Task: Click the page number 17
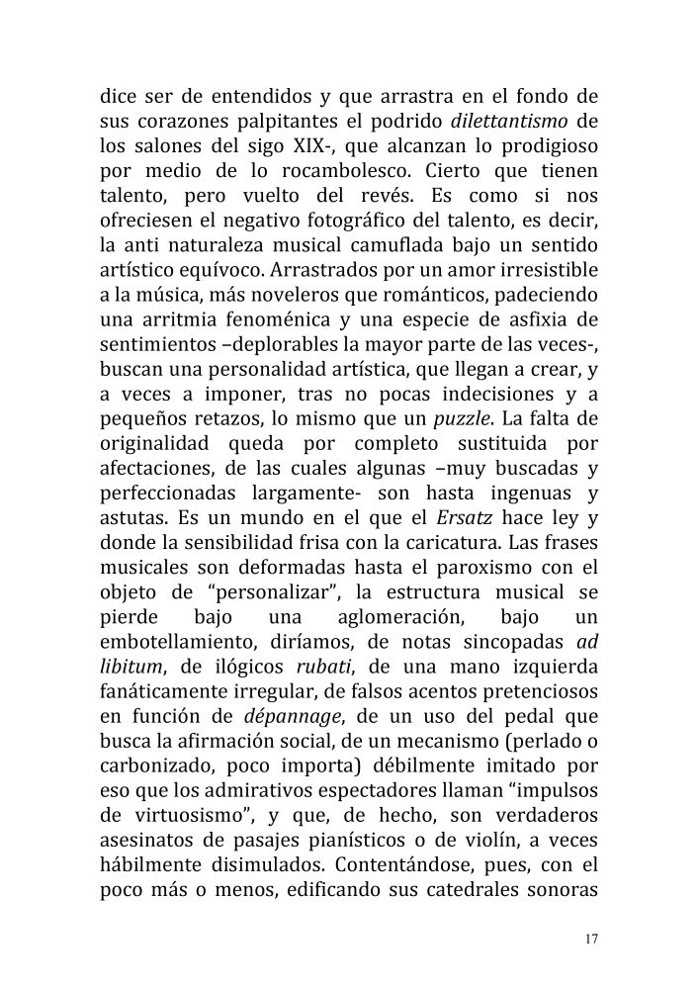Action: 591,939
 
